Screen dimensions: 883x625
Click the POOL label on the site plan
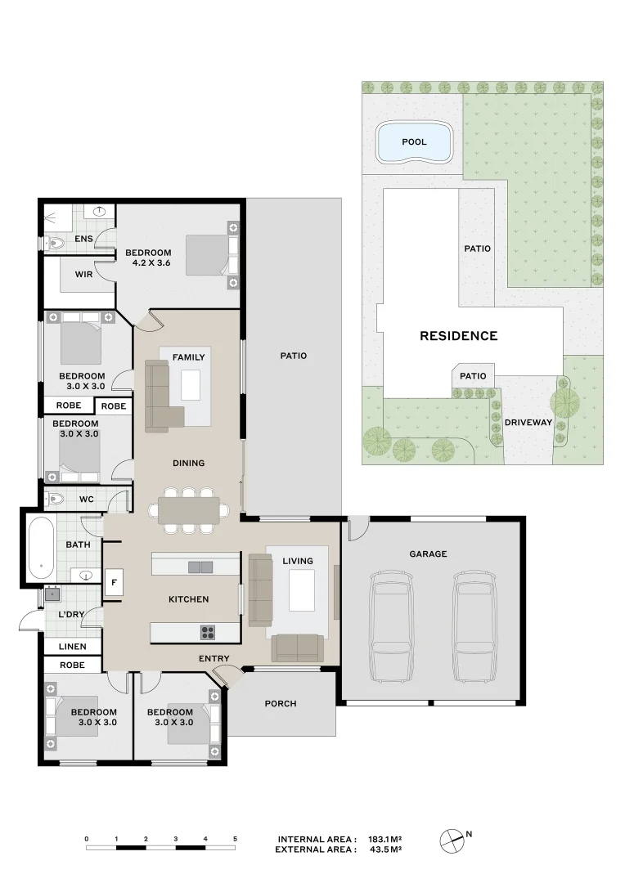(x=414, y=142)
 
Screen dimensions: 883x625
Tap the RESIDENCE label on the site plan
(x=458, y=336)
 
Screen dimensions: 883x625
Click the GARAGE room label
(x=428, y=554)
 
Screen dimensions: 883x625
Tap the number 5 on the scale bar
(x=235, y=839)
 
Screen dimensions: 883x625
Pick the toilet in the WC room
(x=56, y=498)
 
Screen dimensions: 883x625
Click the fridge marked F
(x=114, y=582)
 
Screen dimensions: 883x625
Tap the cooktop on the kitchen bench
(x=208, y=632)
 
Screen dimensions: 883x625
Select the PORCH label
(x=281, y=704)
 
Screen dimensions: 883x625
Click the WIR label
(x=83, y=275)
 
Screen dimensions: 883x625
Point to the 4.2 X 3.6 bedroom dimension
(x=151, y=263)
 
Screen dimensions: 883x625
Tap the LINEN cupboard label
(x=72, y=647)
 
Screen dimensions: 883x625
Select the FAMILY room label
(x=189, y=357)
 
